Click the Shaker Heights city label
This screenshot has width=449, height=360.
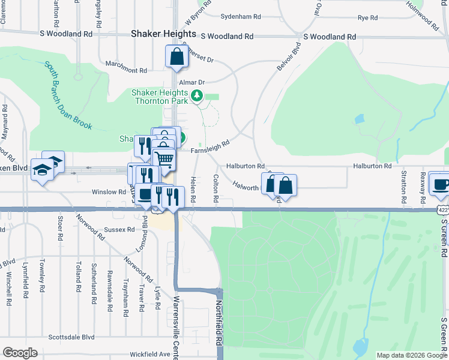(x=164, y=34)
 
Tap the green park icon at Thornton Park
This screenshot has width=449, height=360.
(x=196, y=95)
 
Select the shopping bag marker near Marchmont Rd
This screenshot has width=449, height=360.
(x=176, y=58)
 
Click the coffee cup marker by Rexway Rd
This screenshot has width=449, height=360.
(x=441, y=184)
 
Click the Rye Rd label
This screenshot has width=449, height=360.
(x=367, y=18)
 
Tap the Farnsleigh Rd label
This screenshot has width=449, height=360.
(x=211, y=147)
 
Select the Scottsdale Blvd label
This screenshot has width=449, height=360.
(x=72, y=337)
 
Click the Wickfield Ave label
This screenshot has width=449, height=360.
(x=149, y=354)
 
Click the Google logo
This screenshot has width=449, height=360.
(x=20, y=353)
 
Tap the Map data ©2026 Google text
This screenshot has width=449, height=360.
(x=411, y=355)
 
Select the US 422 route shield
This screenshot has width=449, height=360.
(x=443, y=210)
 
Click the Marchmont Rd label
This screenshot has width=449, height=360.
(x=126, y=70)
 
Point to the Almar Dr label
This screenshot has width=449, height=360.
(x=192, y=82)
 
